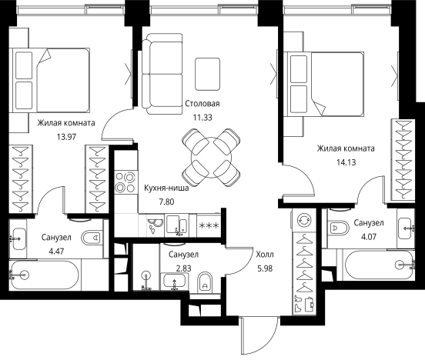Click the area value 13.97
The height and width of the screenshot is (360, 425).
click(x=66, y=137)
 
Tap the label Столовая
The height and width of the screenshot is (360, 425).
click(x=202, y=104)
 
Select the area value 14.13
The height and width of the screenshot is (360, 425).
click(x=346, y=162)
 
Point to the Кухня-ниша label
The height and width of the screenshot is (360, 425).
click(x=166, y=188)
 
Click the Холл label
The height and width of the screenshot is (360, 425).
click(x=265, y=255)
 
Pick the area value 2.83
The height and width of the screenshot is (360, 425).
click(x=183, y=268)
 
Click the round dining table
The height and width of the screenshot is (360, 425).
click(x=212, y=158)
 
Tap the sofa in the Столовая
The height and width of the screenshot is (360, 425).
click(x=162, y=74)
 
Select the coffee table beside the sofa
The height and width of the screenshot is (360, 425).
click(x=208, y=74)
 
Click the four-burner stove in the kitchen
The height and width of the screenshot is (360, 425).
click(x=125, y=182)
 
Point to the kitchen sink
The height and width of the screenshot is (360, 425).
click(x=176, y=225)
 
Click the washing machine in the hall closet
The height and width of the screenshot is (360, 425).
click(x=303, y=220)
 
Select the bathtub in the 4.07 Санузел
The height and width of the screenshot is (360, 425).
click(x=378, y=265)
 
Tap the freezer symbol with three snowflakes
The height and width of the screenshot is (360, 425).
click(x=209, y=225)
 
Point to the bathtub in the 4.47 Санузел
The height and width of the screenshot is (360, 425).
click(x=44, y=275)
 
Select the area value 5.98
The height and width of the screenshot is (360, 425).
click(x=265, y=268)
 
